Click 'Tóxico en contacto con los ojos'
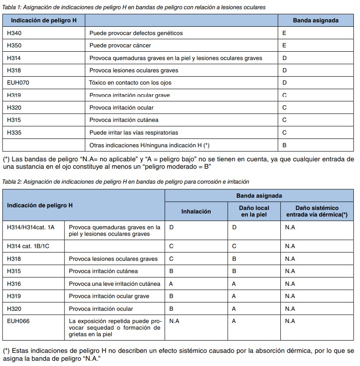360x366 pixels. tap(130, 82)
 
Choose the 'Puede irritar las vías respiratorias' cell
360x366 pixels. tap(140, 132)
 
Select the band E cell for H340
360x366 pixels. tap(284, 33)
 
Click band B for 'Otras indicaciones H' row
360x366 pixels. tap(284, 145)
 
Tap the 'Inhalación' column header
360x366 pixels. tap(196, 211)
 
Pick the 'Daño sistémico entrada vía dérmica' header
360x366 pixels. tap(317, 211)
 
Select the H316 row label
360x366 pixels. tap(14, 284)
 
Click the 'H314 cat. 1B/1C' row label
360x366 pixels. tap(28, 246)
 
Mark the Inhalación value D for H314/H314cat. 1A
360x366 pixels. tap(171, 227)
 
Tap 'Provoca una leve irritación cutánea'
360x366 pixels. tap(114, 284)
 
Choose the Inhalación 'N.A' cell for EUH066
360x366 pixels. tap(174, 321)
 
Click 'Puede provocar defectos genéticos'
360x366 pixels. tap(136, 33)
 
